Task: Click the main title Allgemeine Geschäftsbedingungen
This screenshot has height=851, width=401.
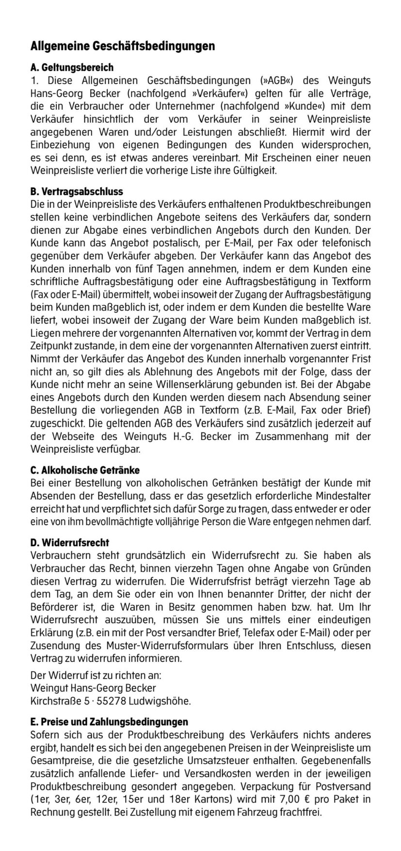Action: click(x=123, y=47)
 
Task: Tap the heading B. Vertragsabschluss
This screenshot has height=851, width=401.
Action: click(x=77, y=191)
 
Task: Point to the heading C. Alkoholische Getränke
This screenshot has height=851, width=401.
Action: click(x=85, y=470)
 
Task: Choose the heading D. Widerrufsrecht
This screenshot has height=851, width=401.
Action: click(x=70, y=541)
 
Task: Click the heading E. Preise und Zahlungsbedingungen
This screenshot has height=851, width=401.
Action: click(x=109, y=722)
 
